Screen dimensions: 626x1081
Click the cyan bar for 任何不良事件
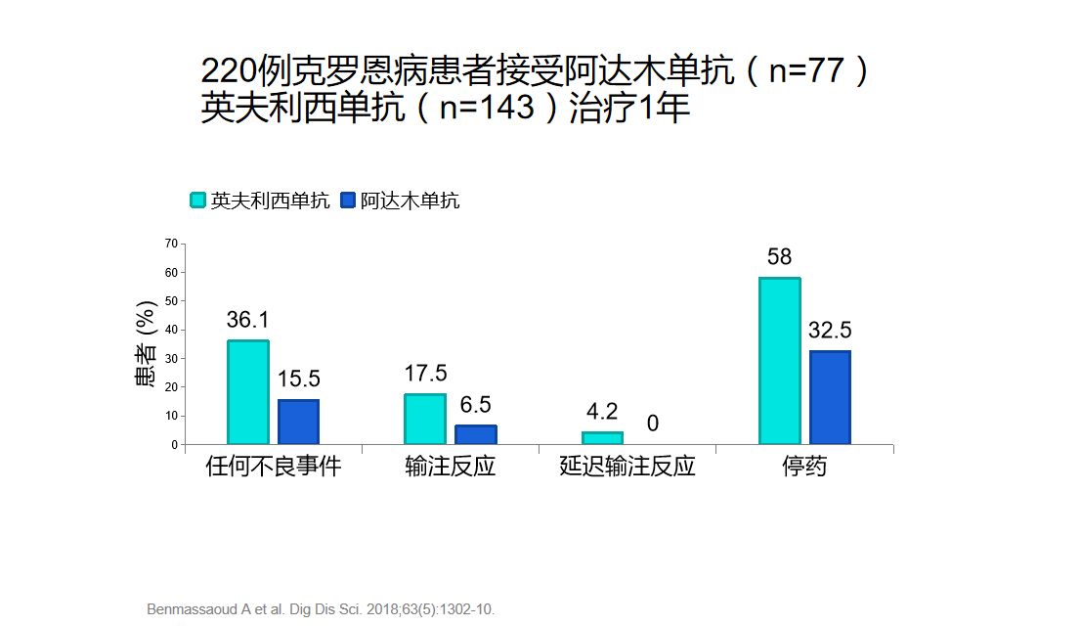(248, 392)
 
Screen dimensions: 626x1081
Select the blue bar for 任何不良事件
(298, 422)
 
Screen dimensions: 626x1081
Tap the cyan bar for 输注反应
(425, 419)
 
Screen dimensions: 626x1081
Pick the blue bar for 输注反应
(476, 434)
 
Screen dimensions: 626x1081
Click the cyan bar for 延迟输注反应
(602, 438)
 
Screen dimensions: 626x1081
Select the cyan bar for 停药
(780, 361)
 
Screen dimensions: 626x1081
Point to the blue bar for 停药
(830, 397)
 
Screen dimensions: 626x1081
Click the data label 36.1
(248, 320)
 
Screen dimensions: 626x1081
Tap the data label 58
(779, 257)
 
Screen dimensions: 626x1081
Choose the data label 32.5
(830, 331)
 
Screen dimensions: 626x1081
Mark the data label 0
(652, 424)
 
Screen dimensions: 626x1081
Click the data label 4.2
(601, 412)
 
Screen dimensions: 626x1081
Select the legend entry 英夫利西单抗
(260, 201)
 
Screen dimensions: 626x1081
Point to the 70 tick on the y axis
(172, 243)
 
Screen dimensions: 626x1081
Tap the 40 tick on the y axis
(172, 330)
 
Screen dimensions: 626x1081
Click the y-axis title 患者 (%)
(146, 343)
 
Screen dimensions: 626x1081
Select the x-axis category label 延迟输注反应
(627, 467)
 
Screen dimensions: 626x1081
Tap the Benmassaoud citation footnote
(321, 609)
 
